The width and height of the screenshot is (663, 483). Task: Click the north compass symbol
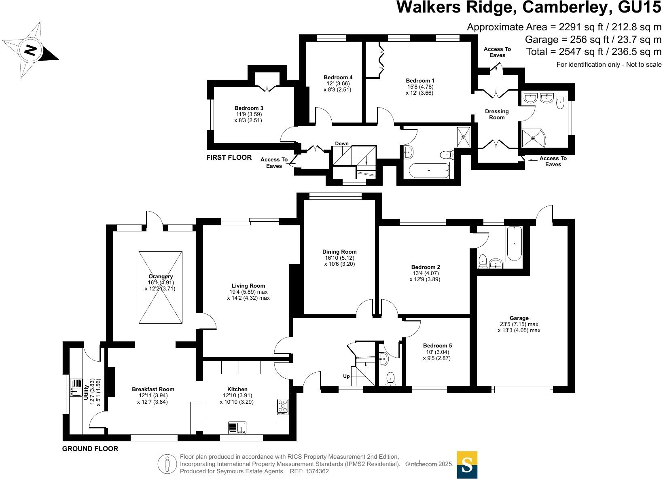(30, 50)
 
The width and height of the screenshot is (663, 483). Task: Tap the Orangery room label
(161, 277)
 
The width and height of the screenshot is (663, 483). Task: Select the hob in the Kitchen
(283, 407)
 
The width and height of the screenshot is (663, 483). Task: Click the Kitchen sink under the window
(237, 428)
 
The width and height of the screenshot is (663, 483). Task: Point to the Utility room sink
(76, 388)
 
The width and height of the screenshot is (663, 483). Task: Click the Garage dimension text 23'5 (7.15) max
(519, 324)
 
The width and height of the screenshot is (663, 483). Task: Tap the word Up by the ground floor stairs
(346, 376)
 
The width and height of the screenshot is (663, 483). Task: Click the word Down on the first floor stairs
(342, 144)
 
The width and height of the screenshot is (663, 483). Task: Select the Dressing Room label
(497, 114)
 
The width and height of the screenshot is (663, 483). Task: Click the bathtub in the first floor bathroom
(429, 170)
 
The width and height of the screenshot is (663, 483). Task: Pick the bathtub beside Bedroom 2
(514, 244)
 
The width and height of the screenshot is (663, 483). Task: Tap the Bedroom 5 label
(437, 345)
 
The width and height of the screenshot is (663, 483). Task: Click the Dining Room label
(339, 252)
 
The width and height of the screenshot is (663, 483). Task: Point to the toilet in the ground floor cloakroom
(391, 379)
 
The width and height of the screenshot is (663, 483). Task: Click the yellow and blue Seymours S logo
(467, 464)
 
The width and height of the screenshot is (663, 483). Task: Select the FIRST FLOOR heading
(229, 157)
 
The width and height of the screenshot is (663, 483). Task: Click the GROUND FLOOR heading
(90, 449)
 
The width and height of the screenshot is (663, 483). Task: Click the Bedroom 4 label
(338, 77)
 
